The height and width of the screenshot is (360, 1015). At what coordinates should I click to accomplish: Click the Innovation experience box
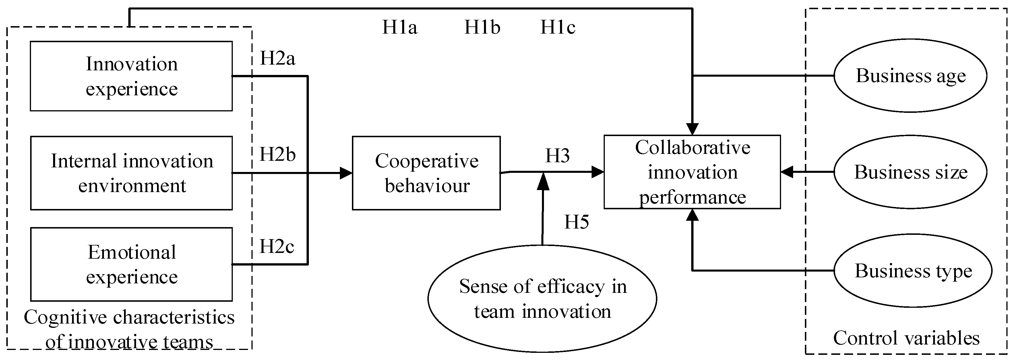[x=131, y=76]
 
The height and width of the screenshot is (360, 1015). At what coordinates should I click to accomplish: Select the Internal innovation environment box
[x=131, y=173]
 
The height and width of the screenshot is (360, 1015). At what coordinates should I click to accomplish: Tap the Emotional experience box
[x=131, y=264]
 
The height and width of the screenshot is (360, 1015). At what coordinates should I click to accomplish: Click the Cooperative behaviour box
[x=426, y=173]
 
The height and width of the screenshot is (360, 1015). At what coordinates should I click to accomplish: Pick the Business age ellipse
[x=911, y=76]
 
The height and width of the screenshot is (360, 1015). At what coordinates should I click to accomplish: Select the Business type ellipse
[x=913, y=271]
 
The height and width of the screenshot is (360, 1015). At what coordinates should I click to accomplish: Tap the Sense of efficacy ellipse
[x=542, y=299]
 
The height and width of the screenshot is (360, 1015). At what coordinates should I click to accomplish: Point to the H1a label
[x=400, y=28]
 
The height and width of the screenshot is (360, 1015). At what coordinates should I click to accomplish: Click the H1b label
[x=482, y=28]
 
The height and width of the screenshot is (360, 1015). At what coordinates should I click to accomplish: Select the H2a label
[x=277, y=59]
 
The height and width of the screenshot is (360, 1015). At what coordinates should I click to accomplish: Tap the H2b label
[x=277, y=154]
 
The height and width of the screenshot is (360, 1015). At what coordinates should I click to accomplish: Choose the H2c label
[x=277, y=247]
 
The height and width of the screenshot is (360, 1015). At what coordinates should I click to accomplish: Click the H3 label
[x=557, y=156]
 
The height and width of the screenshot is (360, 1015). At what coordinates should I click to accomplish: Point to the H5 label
[x=576, y=222]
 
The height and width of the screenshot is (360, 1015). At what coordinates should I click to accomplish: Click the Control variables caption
[x=906, y=338]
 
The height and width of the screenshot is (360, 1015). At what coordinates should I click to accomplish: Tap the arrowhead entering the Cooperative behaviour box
[x=346, y=173]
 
